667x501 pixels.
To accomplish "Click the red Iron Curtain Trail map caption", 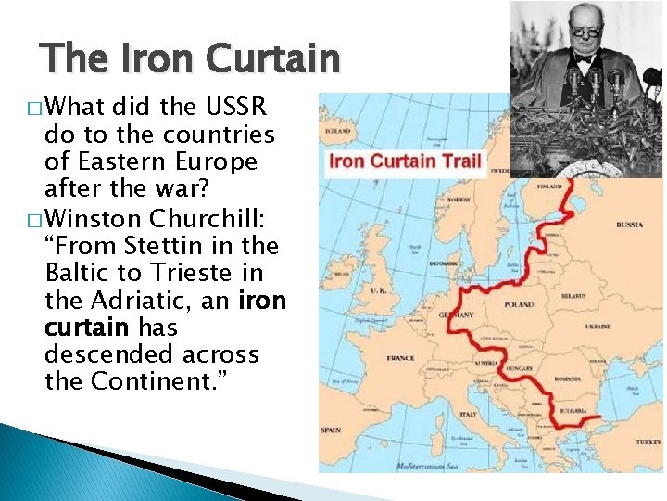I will tap(406, 161).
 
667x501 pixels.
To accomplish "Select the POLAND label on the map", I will tap(519, 304).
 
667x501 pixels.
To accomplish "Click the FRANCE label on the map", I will tap(400, 358).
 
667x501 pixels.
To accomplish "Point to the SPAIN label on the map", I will tap(331, 430).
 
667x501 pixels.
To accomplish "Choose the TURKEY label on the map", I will tap(649, 443).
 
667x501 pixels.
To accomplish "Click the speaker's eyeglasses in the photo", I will tap(586, 31).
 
